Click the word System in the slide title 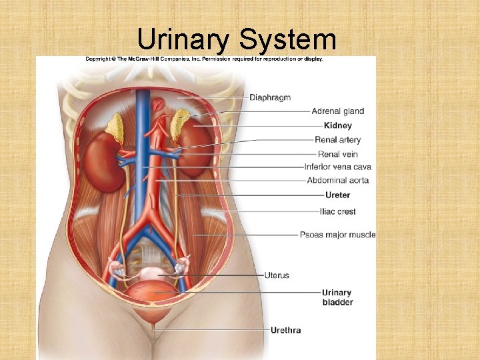tap(287, 40)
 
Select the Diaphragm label tap(270, 97)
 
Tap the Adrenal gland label tap(337, 111)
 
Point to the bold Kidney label tap(337, 125)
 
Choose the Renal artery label tap(337, 140)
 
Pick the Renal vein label tap(337, 154)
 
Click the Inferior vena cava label tap(337, 167)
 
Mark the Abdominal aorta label tap(337, 181)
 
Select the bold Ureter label tap(337, 195)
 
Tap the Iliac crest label tap(337, 211)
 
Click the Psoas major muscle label tap(337, 235)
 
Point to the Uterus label tap(277, 275)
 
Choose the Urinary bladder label tap(337, 297)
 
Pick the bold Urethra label tap(285, 330)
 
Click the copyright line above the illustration tap(204, 59)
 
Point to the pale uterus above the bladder tap(153, 274)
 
